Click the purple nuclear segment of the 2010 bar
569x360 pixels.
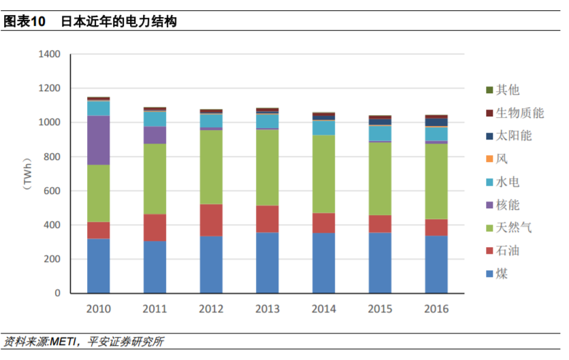click(x=98, y=140)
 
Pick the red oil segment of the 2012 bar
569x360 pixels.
click(x=211, y=220)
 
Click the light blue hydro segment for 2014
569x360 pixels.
click(x=324, y=127)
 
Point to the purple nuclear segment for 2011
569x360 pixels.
click(x=155, y=135)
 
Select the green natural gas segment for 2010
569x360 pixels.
click(x=98, y=193)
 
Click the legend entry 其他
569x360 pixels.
click(x=507, y=90)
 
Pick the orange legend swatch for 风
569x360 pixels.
click(x=489, y=159)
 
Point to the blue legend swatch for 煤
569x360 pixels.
click(x=489, y=274)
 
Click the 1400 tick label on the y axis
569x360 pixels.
click(x=50, y=54)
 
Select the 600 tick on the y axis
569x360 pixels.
click(x=53, y=191)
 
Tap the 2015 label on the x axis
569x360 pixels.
click(x=380, y=309)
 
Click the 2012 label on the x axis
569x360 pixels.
click(x=211, y=309)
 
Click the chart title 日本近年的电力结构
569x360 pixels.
click(x=119, y=22)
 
